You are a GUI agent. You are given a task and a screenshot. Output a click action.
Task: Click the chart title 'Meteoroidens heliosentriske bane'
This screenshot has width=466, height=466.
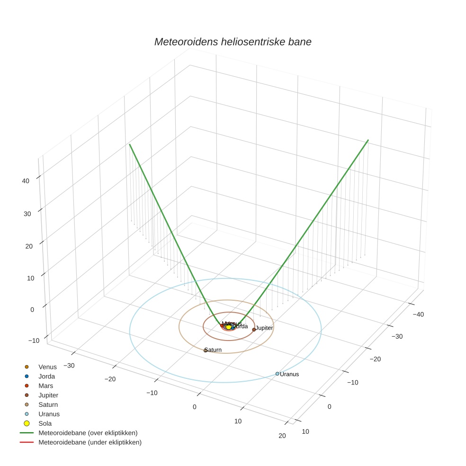233,42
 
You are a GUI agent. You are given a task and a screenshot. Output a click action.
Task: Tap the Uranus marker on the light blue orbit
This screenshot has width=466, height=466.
277,374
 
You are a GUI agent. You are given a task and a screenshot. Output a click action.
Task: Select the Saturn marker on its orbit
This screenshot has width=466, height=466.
206,350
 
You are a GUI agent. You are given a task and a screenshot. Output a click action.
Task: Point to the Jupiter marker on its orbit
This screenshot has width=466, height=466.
254,329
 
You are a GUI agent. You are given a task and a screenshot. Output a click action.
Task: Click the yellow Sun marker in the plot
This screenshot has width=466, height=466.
228,327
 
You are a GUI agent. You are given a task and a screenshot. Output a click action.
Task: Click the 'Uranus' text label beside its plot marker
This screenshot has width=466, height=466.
289,374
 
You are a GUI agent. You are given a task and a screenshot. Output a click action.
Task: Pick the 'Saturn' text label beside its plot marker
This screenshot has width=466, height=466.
214,350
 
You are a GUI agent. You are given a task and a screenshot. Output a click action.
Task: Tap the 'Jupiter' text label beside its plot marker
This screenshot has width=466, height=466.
264,328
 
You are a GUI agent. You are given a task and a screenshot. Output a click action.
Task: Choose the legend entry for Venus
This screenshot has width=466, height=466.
47,367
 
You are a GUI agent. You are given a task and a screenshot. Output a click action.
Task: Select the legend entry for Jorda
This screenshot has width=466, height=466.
46,376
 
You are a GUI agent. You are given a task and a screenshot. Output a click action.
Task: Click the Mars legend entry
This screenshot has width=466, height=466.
45,385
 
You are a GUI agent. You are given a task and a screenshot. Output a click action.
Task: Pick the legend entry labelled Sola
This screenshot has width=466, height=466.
45,423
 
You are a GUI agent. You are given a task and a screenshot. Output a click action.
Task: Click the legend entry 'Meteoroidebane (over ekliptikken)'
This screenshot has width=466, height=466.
88,433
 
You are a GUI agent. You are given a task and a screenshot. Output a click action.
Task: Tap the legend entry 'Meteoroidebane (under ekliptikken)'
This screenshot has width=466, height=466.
90,442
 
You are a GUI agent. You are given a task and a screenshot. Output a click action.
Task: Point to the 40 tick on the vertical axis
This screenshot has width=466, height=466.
26,180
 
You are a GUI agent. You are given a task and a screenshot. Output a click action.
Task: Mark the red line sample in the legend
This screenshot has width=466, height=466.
27,442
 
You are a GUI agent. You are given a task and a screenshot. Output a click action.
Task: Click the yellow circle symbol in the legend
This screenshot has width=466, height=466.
27,423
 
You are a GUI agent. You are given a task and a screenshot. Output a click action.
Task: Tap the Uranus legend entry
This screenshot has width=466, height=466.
49,414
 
